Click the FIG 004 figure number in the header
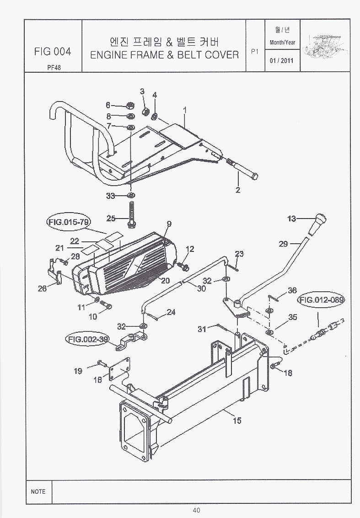(x=53, y=51)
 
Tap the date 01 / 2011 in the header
(x=282, y=60)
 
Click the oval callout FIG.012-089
(x=321, y=300)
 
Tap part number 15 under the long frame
(x=236, y=421)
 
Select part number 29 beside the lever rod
(x=283, y=244)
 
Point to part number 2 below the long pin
(x=237, y=190)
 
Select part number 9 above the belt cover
(x=169, y=224)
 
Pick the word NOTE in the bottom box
(x=38, y=491)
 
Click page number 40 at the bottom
(x=197, y=511)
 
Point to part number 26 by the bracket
(x=42, y=288)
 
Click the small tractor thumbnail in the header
(x=326, y=47)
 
